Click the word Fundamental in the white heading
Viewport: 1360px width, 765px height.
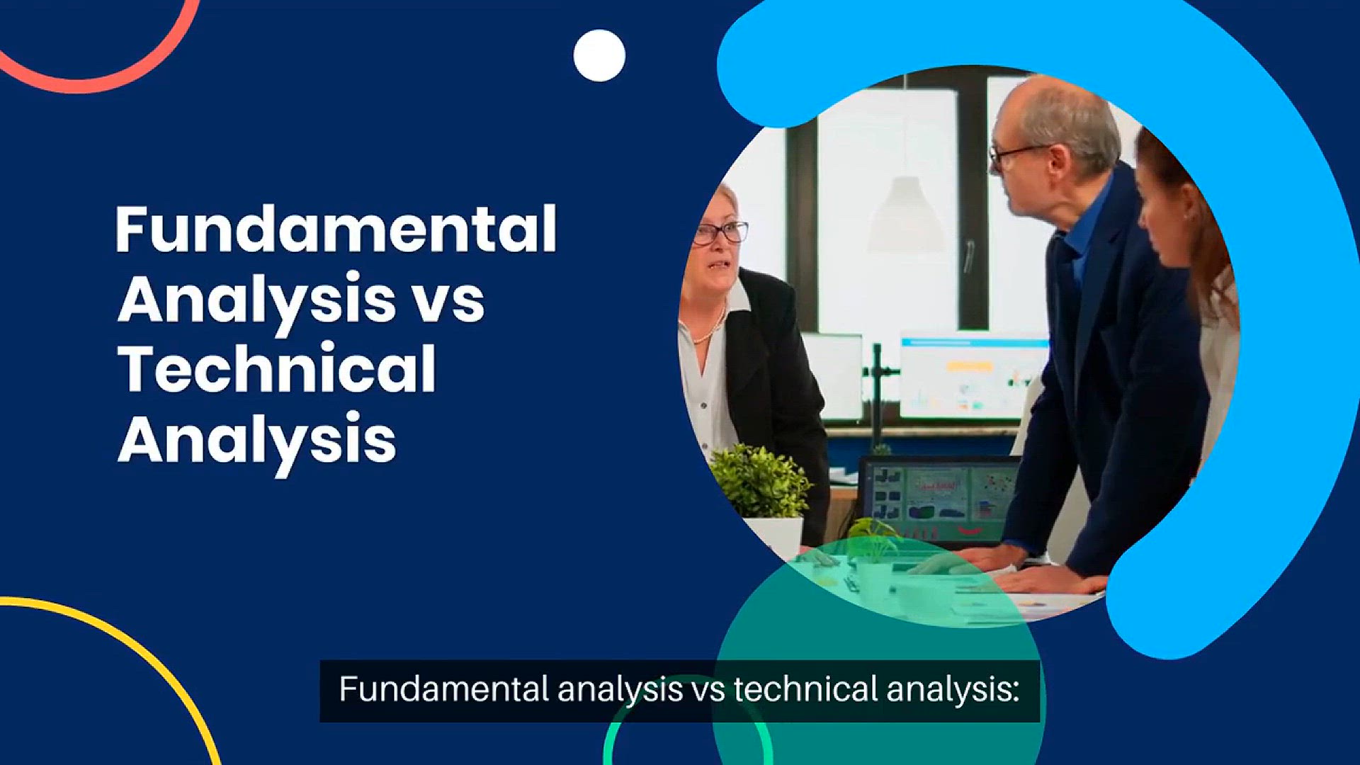[336, 229]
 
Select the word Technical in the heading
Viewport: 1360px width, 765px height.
[277, 368]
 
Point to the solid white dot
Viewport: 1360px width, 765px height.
[599, 55]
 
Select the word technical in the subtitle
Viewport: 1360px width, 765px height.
[806, 689]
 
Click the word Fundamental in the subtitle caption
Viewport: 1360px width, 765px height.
[444, 689]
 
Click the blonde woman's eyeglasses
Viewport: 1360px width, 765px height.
[719, 233]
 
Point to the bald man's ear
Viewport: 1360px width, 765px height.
[1058, 161]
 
